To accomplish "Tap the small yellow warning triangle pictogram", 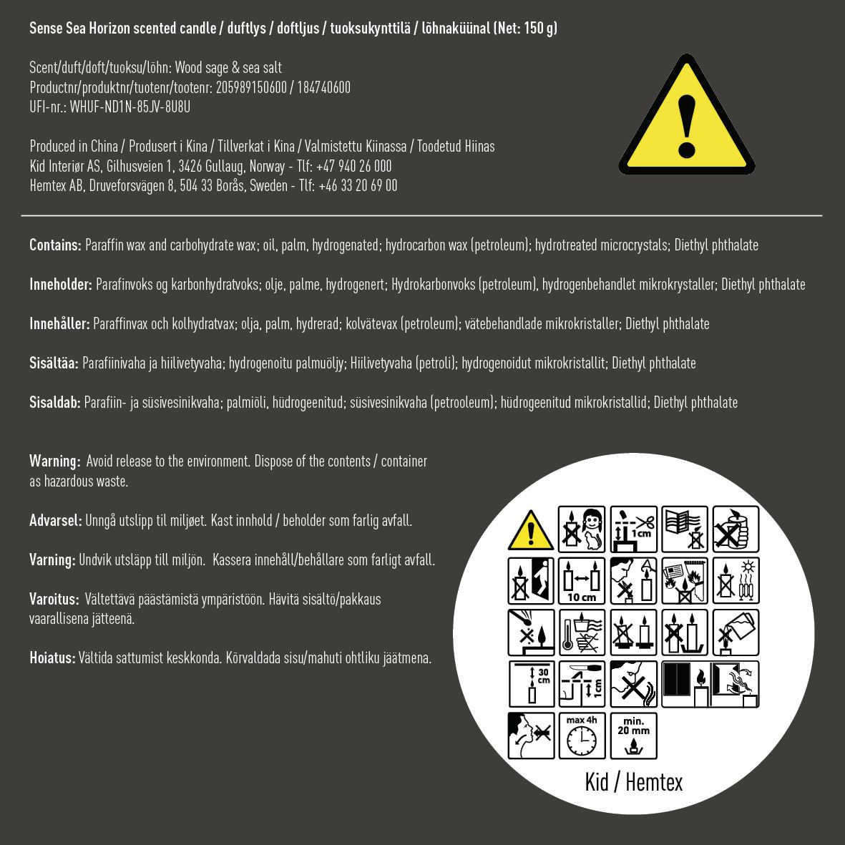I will [x=530, y=530].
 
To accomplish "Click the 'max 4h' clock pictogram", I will [x=582, y=735].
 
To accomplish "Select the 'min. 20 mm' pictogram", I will [x=633, y=735].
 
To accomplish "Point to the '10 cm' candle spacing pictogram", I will [x=582, y=581].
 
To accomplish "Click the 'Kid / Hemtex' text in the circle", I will [x=633, y=782].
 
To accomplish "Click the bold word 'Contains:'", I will [x=55, y=245].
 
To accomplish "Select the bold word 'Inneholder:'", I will [x=61, y=284].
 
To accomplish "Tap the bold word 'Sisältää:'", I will [x=54, y=363].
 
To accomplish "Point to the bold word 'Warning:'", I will [x=54, y=461].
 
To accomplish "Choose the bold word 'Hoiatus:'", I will [x=52, y=658].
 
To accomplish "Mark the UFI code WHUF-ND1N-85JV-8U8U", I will [x=130, y=107].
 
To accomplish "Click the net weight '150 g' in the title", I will [x=539, y=29].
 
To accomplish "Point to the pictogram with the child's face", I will [x=582, y=530].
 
